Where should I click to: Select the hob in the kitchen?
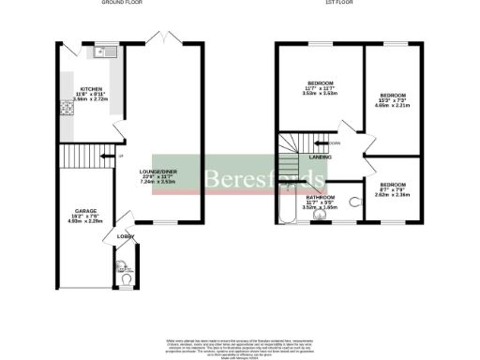[67, 108]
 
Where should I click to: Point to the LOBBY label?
[125, 236]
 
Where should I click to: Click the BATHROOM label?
[320, 198]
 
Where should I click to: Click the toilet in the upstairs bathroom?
[354, 200]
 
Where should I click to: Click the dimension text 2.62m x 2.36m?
[393, 195]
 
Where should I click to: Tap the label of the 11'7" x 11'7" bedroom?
[320, 83]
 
